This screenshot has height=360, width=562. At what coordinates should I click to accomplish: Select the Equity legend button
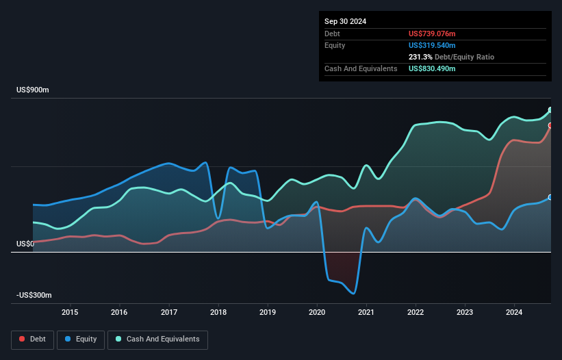point(81,339)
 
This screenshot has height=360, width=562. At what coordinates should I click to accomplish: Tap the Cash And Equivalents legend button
point(157,339)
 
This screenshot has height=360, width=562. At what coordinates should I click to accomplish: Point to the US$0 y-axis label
point(25,244)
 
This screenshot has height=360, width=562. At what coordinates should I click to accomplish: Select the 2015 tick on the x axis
point(70,313)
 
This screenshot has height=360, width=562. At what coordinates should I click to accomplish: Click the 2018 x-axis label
point(218,313)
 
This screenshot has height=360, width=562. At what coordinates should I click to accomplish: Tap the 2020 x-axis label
point(317,313)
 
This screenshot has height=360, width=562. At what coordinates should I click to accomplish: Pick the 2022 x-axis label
point(416,313)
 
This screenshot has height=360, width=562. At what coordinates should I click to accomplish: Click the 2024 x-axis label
point(514,313)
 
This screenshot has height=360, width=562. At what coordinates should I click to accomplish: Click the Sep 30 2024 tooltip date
point(345,21)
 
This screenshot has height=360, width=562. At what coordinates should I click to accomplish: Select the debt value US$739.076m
point(432,34)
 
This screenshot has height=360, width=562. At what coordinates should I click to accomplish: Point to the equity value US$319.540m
point(432,45)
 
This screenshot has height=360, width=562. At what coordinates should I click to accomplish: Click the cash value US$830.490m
point(432,68)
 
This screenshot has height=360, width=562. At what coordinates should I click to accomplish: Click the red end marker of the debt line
point(550,125)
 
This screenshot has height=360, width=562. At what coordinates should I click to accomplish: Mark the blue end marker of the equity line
point(550,197)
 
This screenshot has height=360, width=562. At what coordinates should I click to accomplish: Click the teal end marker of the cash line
point(550,110)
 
